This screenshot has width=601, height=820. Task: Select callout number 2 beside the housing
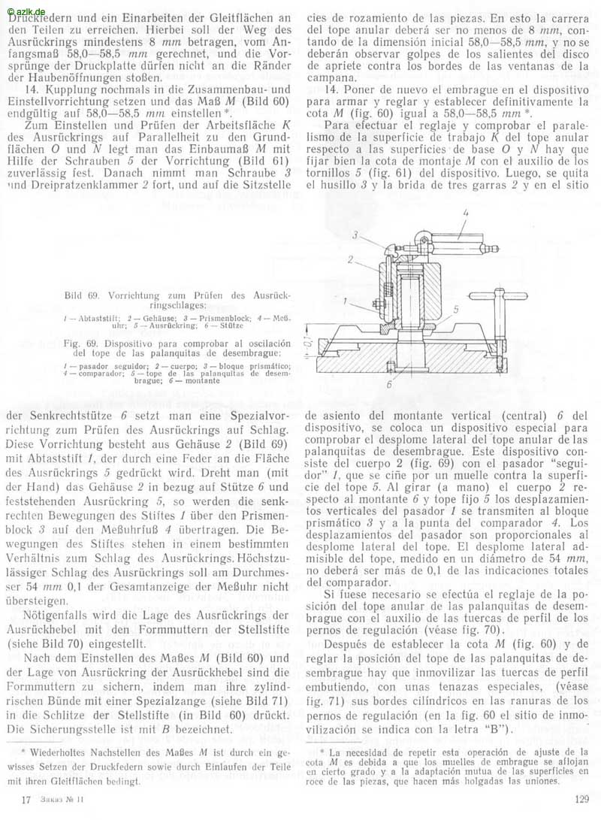click(351, 259)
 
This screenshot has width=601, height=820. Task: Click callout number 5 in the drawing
click(456, 309)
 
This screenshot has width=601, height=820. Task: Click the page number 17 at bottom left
click(27, 800)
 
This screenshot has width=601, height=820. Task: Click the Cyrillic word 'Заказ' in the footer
click(56, 800)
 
